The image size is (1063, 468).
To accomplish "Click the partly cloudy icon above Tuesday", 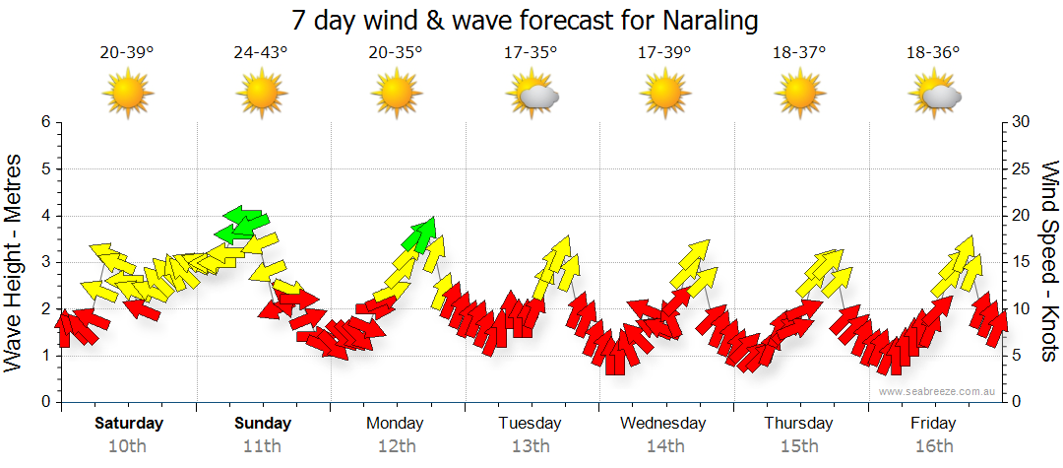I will click(532, 96).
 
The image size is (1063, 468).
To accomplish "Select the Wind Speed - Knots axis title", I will click(1048, 261).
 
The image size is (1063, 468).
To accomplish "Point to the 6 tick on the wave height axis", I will click(45, 122).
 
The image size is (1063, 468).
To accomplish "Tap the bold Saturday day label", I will click(129, 424).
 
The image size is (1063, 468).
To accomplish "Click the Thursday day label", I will click(798, 424).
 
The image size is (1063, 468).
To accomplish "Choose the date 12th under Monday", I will click(396, 446).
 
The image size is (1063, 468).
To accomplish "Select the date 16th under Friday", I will click(933, 446).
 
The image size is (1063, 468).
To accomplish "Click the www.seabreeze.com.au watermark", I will click(939, 391).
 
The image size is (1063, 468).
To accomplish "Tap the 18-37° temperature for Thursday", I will click(799, 52).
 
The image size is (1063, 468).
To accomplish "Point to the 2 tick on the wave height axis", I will click(45, 309).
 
